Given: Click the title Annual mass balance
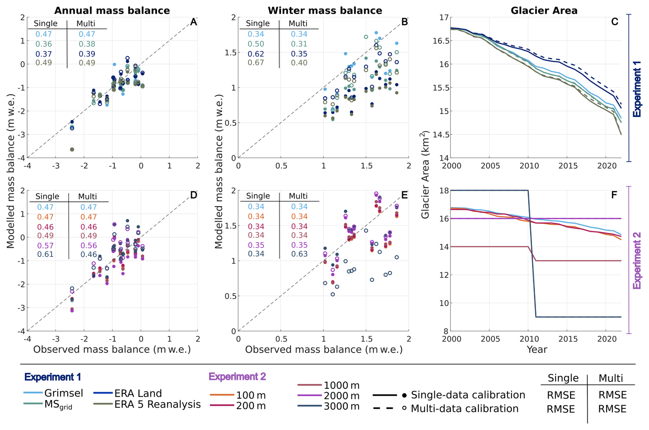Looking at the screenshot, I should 112,11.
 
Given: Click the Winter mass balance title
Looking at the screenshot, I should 324,11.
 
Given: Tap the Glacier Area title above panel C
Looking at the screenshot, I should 544,11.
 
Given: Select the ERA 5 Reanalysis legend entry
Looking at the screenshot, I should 157,404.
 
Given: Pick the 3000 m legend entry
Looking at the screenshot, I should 341,406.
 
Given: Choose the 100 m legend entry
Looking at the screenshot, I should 250,395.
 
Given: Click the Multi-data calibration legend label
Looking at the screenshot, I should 464,409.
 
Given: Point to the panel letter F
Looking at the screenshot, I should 614,195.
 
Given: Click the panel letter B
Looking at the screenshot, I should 404,22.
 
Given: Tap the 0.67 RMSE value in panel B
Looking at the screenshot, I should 256,63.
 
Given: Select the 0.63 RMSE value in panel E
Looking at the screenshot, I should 299,254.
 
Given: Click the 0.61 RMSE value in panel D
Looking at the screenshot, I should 45,254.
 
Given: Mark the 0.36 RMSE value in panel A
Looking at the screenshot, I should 44,44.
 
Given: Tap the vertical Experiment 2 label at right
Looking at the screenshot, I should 637,261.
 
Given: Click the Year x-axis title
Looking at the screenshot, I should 536,349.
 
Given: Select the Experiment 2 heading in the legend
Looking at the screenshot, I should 237,377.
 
